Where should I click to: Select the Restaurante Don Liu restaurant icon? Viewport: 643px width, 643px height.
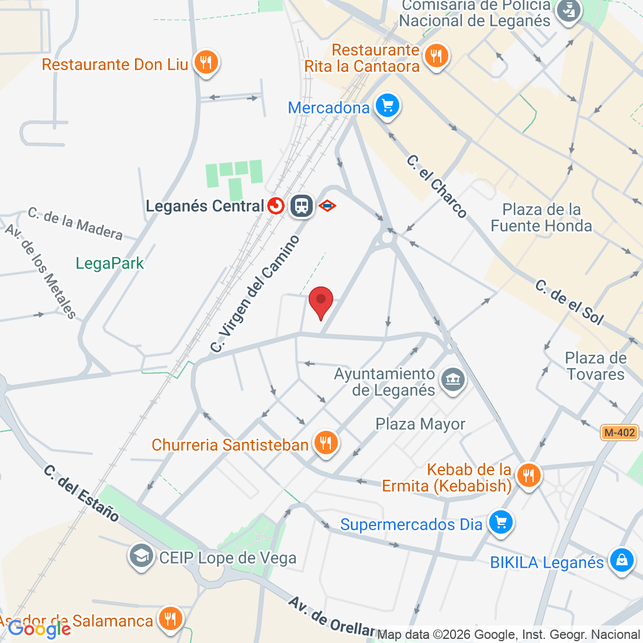(x=205, y=62)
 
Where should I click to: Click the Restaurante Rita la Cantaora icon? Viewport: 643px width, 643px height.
(x=435, y=56)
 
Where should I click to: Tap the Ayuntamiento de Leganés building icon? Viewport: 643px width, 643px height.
(x=453, y=380)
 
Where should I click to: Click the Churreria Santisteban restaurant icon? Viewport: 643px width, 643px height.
(x=326, y=443)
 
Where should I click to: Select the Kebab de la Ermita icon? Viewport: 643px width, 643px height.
(x=528, y=475)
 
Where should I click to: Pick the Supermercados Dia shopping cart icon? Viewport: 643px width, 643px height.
(x=500, y=522)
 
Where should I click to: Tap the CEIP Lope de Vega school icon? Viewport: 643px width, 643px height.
(x=141, y=556)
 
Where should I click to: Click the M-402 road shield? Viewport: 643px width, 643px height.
(x=620, y=433)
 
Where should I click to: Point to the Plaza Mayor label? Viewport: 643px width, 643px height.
(x=420, y=424)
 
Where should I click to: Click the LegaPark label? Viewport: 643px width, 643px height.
(x=110, y=264)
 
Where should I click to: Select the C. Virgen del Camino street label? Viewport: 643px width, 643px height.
(x=255, y=294)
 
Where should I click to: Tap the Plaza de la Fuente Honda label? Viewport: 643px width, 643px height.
(x=541, y=217)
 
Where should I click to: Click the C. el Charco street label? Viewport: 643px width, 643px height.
(x=437, y=186)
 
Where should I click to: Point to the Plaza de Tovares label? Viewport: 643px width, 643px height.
(x=596, y=366)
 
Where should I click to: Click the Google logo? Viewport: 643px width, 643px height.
(x=39, y=629)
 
